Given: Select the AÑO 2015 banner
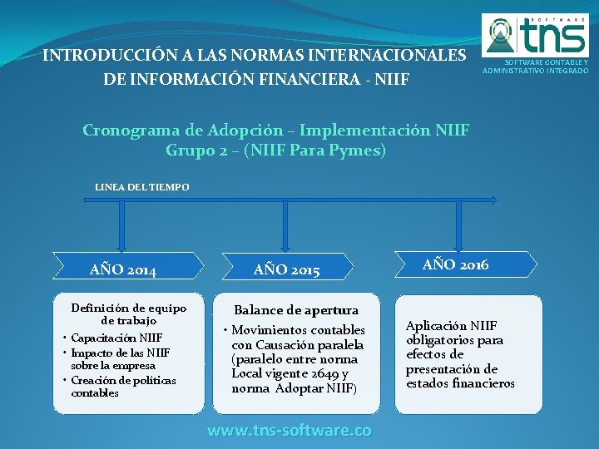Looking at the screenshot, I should point(286,269).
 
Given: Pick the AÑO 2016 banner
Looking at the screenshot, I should point(456,264).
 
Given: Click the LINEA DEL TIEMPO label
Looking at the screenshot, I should point(141,187).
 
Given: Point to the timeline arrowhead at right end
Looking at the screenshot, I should point(494,200).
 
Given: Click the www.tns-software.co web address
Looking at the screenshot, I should point(289,430).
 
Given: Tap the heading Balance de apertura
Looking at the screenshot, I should point(296,310).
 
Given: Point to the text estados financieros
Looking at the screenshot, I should point(460,383).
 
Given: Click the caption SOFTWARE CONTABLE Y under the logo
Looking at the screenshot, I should point(535,62).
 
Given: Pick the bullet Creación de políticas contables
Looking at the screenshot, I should point(123,387).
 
